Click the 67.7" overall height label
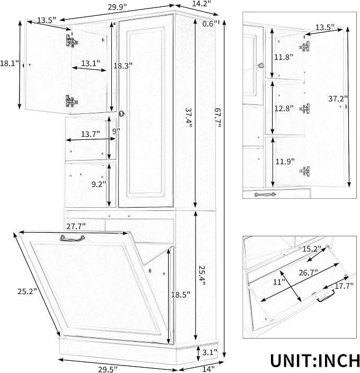click(217, 118)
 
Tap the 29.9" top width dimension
click(117, 7)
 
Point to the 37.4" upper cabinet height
click(188, 118)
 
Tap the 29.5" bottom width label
click(108, 369)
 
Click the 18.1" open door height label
click(10, 64)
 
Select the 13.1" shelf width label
click(91, 63)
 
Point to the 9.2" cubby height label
click(99, 184)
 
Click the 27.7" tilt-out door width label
click(76, 226)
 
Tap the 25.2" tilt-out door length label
click(28, 291)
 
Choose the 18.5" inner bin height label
click(181, 295)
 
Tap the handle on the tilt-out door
click(72, 238)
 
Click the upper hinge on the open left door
click(72, 41)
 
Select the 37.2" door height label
click(338, 99)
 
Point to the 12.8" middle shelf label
click(284, 109)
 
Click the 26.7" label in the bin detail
click(309, 272)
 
